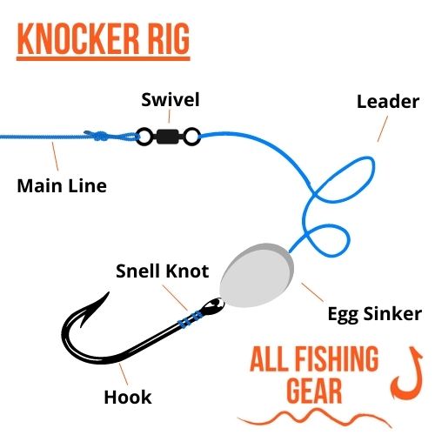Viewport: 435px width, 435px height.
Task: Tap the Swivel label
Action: click(171, 100)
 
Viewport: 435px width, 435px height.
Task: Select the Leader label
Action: click(388, 102)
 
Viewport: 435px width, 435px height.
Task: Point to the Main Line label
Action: click(62, 186)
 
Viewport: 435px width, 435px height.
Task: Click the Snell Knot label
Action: click(162, 271)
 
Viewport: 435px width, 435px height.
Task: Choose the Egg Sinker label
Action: click(374, 314)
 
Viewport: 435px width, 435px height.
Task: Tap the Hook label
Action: click(128, 397)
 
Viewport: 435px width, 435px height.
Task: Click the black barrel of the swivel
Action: click(167, 137)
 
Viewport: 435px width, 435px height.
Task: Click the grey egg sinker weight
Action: click(257, 275)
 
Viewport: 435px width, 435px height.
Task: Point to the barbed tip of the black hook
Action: click(109, 293)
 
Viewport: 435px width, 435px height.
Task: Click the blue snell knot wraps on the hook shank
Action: click(191, 318)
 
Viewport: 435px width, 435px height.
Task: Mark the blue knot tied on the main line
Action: click(97, 136)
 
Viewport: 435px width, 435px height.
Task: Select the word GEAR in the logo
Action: click(314, 391)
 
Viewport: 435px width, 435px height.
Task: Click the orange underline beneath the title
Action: click(104, 59)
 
